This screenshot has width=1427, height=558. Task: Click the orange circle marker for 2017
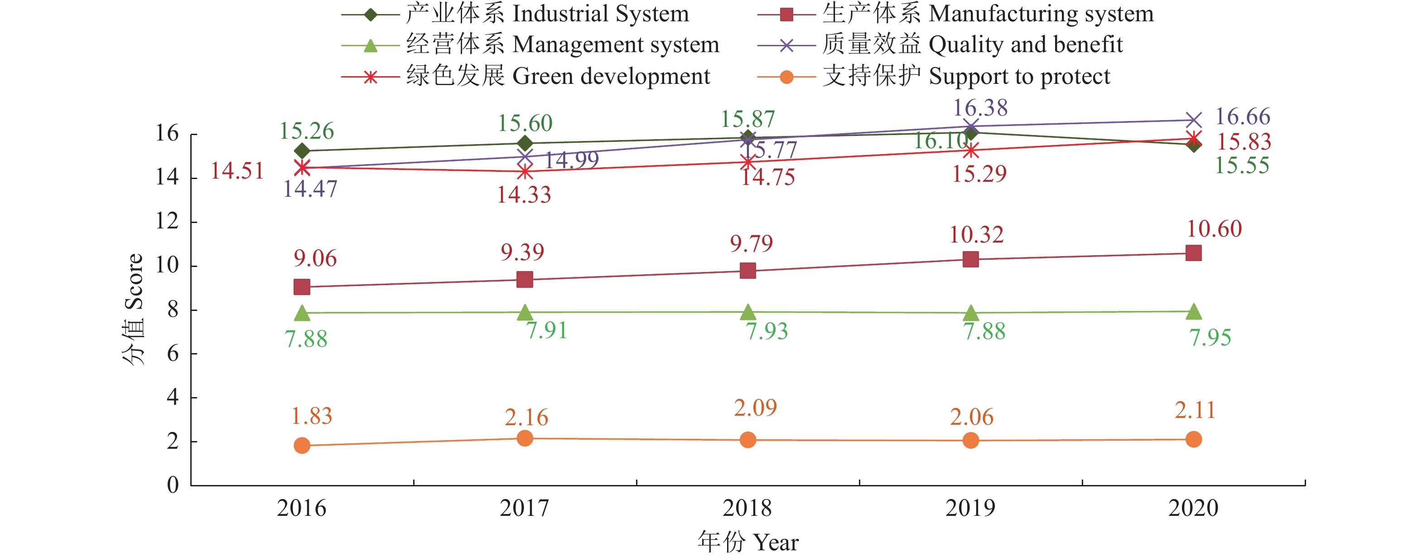coord(525,438)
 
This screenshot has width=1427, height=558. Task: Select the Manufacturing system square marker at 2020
coord(1193,253)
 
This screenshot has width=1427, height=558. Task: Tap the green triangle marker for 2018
coord(748,312)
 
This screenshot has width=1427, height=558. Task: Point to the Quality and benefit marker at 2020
coord(1193,120)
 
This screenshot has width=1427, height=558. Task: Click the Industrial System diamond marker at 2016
coord(302,151)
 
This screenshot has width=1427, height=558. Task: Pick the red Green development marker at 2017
coord(525,172)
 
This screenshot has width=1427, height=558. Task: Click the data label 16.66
coord(1243,117)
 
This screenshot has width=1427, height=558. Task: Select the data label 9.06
coord(315,259)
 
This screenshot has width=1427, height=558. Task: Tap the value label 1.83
coord(311,416)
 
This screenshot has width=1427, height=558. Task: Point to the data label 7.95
coord(1210,337)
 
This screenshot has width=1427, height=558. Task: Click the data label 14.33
coord(524,195)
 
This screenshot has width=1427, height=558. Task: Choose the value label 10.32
coord(976,235)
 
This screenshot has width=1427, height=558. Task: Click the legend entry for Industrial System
coord(515,14)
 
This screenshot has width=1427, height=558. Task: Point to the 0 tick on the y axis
coord(173,485)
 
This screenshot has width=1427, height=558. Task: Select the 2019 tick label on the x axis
coord(970,508)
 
